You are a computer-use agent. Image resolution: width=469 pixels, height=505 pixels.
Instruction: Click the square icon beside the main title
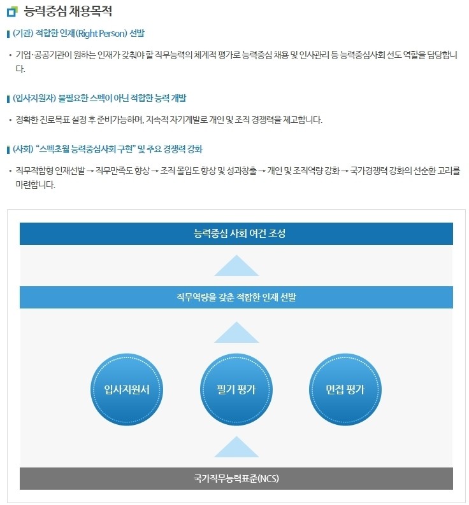(12, 11)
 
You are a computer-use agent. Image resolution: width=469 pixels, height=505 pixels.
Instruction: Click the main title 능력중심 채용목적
(68, 11)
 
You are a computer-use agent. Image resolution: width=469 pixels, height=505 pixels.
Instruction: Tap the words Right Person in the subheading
(102, 33)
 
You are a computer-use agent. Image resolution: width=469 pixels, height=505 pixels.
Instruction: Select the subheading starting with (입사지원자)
(99, 98)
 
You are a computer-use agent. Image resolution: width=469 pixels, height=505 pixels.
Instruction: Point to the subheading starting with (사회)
(108, 149)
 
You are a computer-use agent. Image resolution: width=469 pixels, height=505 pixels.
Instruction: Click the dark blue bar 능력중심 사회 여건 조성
(236, 233)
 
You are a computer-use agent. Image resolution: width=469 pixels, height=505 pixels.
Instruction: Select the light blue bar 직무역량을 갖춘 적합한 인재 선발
(236, 297)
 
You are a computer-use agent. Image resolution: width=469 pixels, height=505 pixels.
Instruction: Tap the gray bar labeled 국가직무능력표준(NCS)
(236, 478)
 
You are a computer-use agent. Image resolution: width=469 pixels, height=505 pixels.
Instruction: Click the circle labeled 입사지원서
(127, 389)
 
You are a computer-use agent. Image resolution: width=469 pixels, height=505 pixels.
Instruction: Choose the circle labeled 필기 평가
(236, 389)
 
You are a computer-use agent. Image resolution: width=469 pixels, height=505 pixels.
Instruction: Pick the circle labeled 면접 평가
(345, 389)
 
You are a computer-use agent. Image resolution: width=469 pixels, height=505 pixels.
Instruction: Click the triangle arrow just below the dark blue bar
(236, 267)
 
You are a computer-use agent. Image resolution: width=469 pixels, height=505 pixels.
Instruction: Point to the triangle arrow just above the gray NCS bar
(236, 448)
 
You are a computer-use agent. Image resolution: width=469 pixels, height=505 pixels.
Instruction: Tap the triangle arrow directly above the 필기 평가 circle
(236, 334)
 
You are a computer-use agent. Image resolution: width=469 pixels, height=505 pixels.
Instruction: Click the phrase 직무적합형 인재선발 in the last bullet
(50, 170)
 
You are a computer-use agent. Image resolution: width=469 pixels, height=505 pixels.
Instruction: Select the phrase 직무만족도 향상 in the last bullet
(122, 170)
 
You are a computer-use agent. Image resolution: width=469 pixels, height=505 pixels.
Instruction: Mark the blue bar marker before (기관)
(8, 34)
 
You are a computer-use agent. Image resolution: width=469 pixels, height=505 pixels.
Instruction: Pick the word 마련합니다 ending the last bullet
(35, 184)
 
